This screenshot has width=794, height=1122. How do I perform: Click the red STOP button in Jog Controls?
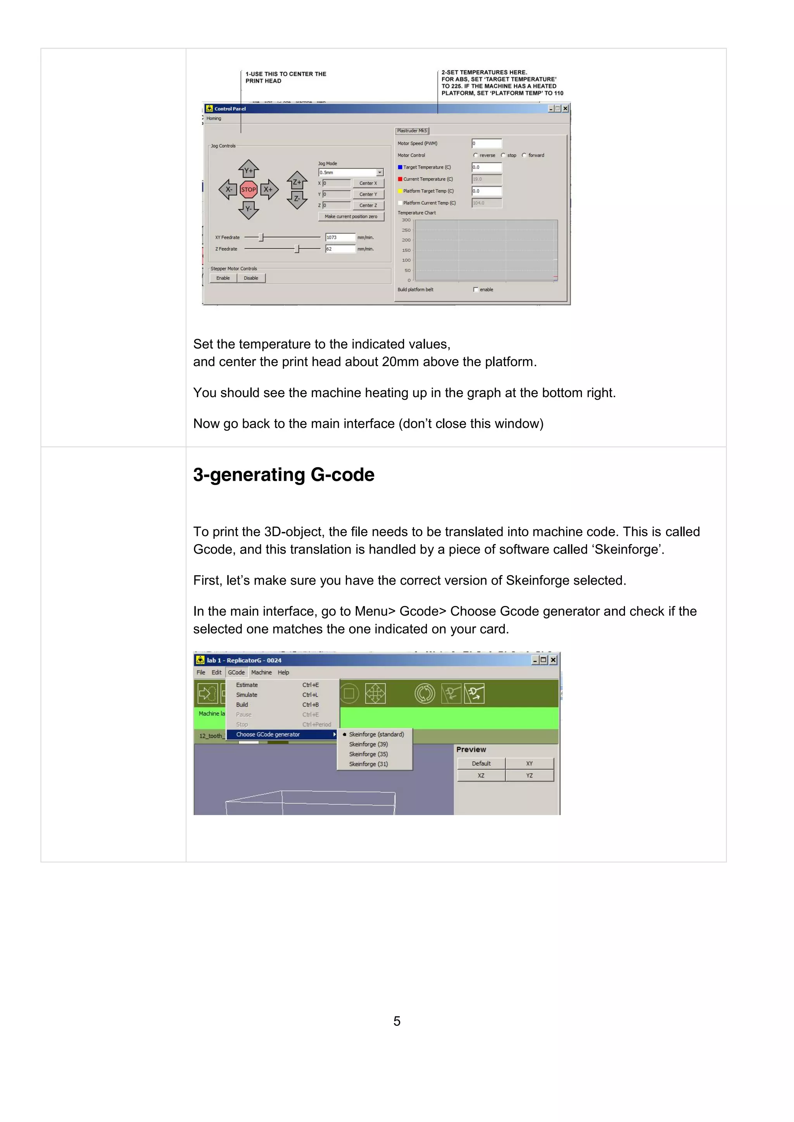(249, 189)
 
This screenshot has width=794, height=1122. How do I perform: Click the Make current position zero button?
(351, 217)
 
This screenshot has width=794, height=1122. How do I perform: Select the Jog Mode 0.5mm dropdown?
(351, 172)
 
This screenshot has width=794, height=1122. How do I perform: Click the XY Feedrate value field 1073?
(340, 237)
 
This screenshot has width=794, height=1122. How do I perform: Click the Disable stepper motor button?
(251, 278)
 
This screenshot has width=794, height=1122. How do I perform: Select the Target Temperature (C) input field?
(487, 167)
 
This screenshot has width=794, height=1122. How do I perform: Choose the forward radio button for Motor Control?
(525, 155)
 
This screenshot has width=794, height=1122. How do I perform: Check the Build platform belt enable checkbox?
(476, 290)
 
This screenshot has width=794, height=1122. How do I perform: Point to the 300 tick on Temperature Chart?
(406, 220)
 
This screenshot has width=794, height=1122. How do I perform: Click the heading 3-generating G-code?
(283, 475)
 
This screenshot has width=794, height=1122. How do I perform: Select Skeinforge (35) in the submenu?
(368, 754)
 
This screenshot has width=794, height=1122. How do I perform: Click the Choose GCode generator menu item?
(268, 735)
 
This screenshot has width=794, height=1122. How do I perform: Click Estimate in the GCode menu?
(247, 685)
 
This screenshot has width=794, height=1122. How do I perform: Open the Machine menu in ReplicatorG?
(261, 673)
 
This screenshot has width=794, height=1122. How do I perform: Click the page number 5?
(397, 1021)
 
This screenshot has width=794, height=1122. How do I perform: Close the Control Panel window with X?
(565, 108)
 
